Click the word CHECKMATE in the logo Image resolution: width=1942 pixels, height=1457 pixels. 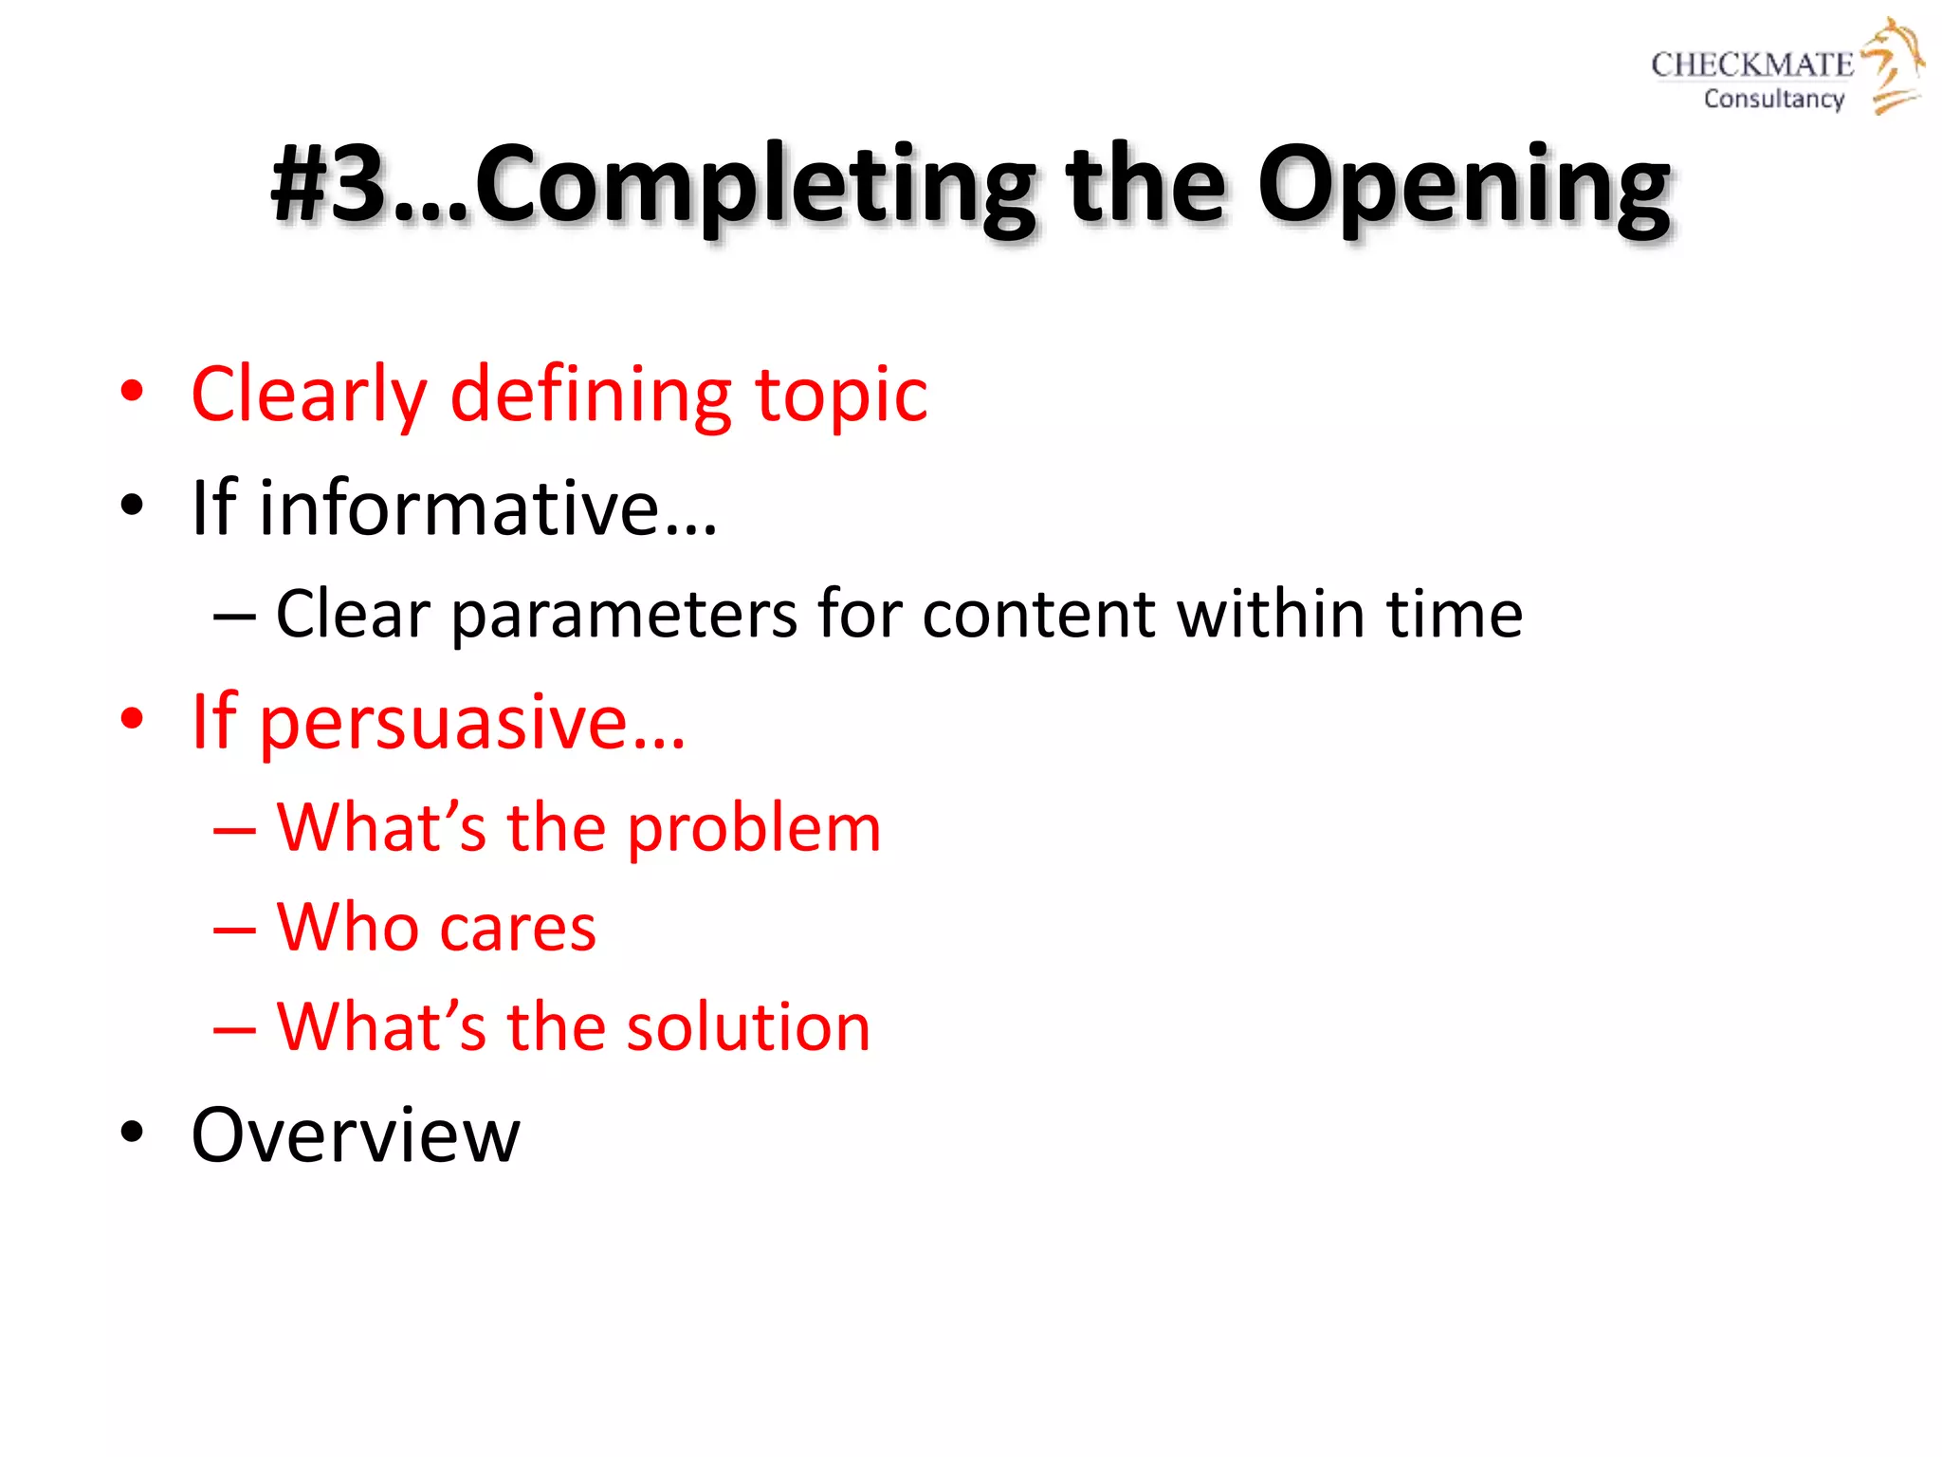pyautogui.click(x=1751, y=65)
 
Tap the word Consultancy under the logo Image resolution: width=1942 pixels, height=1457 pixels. pyautogui.click(x=1773, y=99)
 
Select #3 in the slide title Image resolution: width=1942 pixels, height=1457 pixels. pyautogui.click(x=328, y=184)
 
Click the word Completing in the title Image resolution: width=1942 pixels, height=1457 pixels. pyautogui.click(x=754, y=186)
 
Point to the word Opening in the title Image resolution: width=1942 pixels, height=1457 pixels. pyautogui.click(x=1462, y=186)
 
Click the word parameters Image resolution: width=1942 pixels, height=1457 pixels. pyautogui.click(x=623, y=615)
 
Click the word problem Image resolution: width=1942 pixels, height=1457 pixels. pyautogui.click(x=754, y=829)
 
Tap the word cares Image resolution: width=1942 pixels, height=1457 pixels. pyautogui.click(x=517, y=928)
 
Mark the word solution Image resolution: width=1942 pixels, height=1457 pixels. pyautogui.click(x=748, y=1027)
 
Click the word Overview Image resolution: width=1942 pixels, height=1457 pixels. pyautogui.click(x=356, y=1135)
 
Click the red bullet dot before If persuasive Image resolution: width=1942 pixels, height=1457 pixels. pyautogui.click(x=132, y=718)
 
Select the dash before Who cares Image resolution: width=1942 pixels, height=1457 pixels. pyautogui.click(x=234, y=930)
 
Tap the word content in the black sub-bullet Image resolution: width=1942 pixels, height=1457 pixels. pyautogui.click(x=1038, y=615)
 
